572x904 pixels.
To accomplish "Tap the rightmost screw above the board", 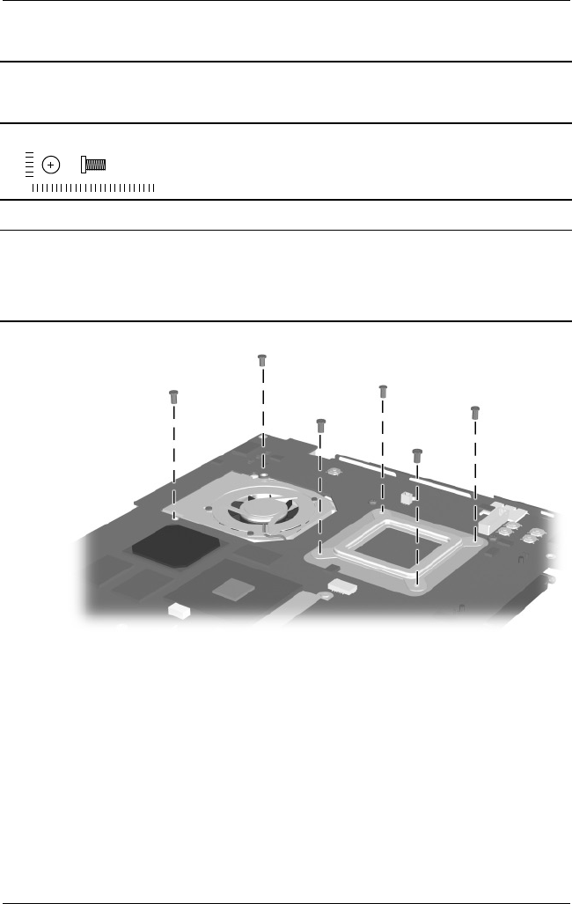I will pyautogui.click(x=475, y=411).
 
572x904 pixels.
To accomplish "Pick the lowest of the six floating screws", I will pyautogui.click(x=417, y=454).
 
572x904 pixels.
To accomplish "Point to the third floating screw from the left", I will pyautogui.click(x=320, y=423).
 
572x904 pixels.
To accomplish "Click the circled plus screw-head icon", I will pyautogui.click(x=52, y=165).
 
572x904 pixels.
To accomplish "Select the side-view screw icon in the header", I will pyautogui.click(x=93, y=165).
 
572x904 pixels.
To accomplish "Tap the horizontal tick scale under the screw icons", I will pyautogui.click(x=92, y=187).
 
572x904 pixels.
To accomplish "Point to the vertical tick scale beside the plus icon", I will pyautogui.click(x=29, y=164).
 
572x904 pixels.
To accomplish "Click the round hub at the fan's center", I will pyautogui.click(x=261, y=507).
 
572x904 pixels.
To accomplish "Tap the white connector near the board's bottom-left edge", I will pyautogui.click(x=178, y=607).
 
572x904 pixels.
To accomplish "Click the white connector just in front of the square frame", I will pyautogui.click(x=339, y=584).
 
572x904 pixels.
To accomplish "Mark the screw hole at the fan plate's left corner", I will pyautogui.click(x=175, y=518).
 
